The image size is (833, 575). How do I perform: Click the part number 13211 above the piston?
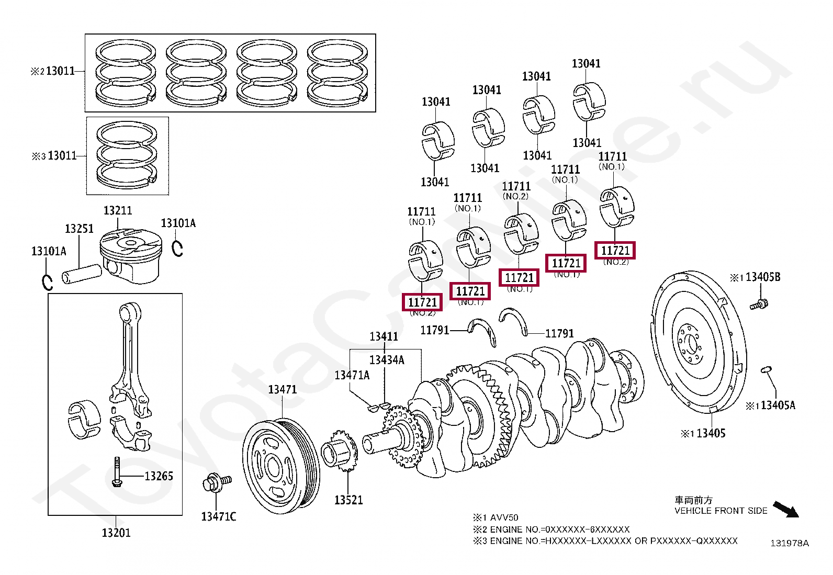(x=118, y=210)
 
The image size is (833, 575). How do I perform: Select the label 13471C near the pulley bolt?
(x=218, y=516)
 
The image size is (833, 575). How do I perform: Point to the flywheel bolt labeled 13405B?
(x=758, y=303)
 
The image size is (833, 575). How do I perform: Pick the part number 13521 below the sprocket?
(x=348, y=500)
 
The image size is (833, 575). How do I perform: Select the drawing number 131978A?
(x=789, y=543)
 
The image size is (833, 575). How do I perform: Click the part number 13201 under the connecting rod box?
(x=116, y=533)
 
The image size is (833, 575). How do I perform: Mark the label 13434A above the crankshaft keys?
(x=387, y=360)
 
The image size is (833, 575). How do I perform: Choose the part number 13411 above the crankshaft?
(x=384, y=336)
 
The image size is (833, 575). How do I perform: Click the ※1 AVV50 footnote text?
(x=496, y=517)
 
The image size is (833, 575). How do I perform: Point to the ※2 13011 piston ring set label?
(x=53, y=71)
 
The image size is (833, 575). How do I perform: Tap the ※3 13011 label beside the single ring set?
(x=54, y=155)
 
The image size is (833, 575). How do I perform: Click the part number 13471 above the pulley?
(x=282, y=389)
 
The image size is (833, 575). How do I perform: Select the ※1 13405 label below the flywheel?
(x=703, y=433)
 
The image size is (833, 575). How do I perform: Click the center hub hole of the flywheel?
(x=691, y=344)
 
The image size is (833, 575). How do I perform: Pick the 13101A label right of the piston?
(x=178, y=223)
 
